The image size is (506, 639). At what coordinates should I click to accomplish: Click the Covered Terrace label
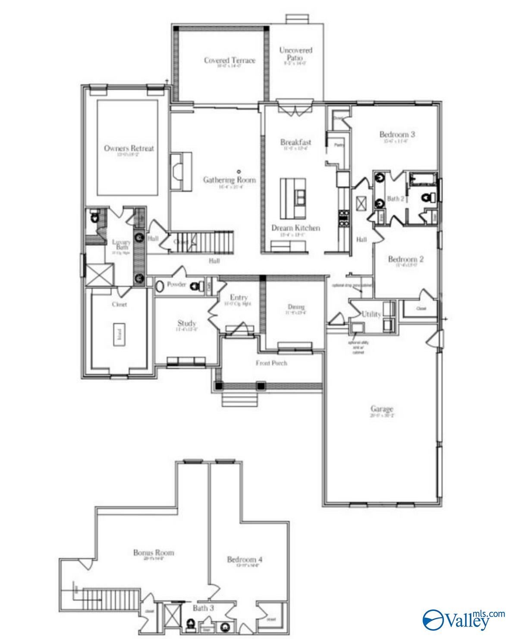click(x=229, y=60)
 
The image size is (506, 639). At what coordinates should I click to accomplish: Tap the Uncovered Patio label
click(x=295, y=54)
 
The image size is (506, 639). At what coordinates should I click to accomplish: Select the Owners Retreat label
click(x=129, y=148)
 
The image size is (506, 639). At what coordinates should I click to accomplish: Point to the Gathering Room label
click(x=229, y=180)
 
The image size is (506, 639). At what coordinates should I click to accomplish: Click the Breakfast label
click(x=296, y=142)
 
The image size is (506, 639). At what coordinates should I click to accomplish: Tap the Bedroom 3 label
click(x=397, y=134)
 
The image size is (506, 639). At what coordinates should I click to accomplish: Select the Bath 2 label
click(x=396, y=199)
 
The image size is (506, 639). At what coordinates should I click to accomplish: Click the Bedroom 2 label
click(x=406, y=259)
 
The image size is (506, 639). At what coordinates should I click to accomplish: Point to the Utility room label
click(x=371, y=314)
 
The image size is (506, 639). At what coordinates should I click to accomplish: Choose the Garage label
click(x=382, y=409)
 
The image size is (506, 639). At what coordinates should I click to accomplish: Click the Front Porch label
click(x=271, y=363)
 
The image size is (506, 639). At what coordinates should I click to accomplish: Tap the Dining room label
click(x=296, y=307)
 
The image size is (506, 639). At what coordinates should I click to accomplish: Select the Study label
click(x=187, y=323)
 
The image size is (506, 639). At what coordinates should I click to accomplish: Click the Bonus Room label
click(x=154, y=552)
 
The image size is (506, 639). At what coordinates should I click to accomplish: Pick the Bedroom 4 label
click(x=245, y=560)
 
